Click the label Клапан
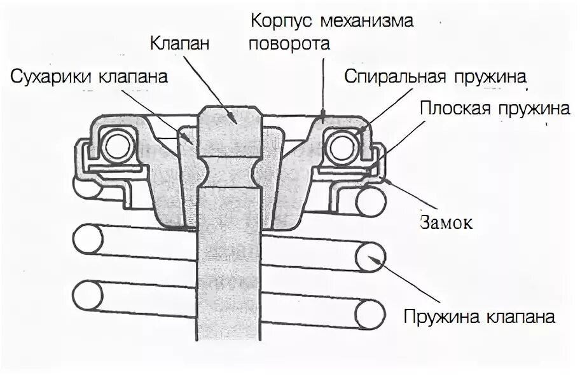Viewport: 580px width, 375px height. click(179, 44)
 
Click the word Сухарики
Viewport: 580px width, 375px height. click(52, 77)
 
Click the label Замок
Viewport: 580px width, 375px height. click(446, 223)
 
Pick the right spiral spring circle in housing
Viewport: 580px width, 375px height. click(341, 147)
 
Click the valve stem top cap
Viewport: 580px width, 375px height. click(228, 116)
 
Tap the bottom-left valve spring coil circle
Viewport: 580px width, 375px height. click(87, 294)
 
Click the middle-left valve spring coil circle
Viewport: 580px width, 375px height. click(87, 240)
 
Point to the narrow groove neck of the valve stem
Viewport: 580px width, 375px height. click(228, 172)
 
